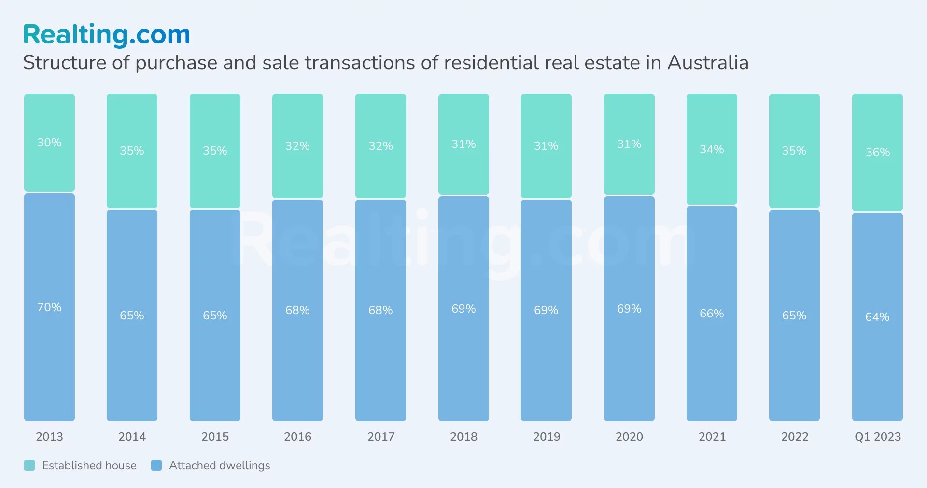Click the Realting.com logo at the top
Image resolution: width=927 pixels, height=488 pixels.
click(x=107, y=35)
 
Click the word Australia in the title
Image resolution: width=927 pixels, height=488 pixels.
click(x=708, y=63)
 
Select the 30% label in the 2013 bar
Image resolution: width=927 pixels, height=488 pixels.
click(x=49, y=143)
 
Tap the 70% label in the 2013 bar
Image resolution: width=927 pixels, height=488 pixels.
click(x=49, y=307)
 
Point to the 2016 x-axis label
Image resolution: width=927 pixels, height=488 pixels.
click(x=297, y=437)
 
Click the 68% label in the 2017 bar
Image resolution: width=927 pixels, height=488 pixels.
click(x=380, y=310)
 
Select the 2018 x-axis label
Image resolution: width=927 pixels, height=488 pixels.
click(x=463, y=437)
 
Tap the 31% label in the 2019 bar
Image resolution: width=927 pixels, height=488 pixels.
click(x=546, y=146)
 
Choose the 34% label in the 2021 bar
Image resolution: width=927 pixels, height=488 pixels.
click(x=712, y=149)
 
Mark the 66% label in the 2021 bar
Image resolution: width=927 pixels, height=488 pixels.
click(x=712, y=314)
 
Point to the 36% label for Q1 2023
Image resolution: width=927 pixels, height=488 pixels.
click(x=877, y=152)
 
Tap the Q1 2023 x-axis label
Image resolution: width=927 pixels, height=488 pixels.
click(x=877, y=437)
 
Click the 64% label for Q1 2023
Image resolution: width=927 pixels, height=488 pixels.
click(x=877, y=317)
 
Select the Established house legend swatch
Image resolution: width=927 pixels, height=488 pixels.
click(x=29, y=465)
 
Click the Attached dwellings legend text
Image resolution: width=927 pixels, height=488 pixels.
click(x=219, y=465)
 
